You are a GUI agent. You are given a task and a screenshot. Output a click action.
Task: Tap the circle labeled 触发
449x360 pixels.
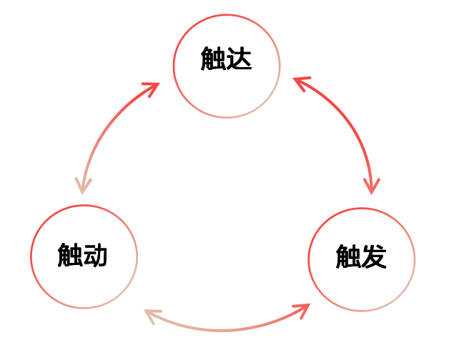click(x=361, y=282)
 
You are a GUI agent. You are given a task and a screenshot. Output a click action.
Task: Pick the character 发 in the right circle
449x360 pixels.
click(x=374, y=256)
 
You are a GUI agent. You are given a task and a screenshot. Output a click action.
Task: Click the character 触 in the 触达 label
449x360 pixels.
click(x=213, y=60)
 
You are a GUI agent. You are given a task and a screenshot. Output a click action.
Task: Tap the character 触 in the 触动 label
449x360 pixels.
click(x=70, y=254)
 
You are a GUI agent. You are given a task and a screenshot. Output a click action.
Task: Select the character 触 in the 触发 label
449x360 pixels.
click(x=348, y=256)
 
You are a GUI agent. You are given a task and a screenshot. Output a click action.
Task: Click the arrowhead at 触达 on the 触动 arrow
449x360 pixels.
click(x=152, y=89)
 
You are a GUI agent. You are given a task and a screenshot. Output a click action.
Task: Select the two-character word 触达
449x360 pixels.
click(x=227, y=60)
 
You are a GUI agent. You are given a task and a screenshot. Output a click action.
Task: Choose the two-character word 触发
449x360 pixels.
click(x=361, y=256)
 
